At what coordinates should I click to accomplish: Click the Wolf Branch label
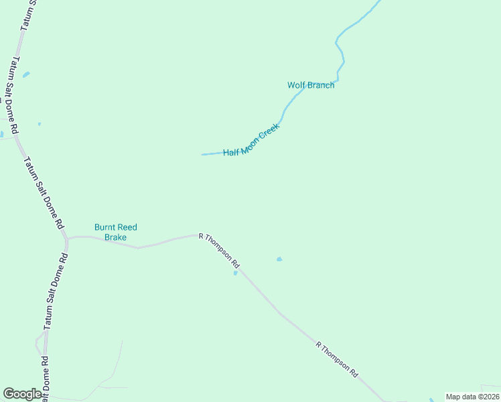pyautogui.click(x=311, y=85)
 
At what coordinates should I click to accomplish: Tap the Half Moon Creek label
pyautogui.click(x=251, y=141)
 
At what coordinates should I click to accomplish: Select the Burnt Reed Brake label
pyautogui.click(x=115, y=232)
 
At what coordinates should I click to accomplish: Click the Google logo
pyautogui.click(x=22, y=394)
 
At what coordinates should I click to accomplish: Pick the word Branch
pyautogui.click(x=321, y=85)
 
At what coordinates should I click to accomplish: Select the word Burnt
pyautogui.click(x=106, y=227)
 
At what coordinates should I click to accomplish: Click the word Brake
pyautogui.click(x=115, y=237)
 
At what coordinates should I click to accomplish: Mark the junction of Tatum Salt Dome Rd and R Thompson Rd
pyautogui.click(x=67, y=238)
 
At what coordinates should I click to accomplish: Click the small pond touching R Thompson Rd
pyautogui.click(x=235, y=273)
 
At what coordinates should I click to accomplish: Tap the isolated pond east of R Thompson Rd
pyautogui.click(x=279, y=259)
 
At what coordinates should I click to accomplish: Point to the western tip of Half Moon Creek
pyautogui.click(x=203, y=155)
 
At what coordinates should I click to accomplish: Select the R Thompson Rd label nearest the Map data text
pyautogui.click(x=337, y=360)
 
